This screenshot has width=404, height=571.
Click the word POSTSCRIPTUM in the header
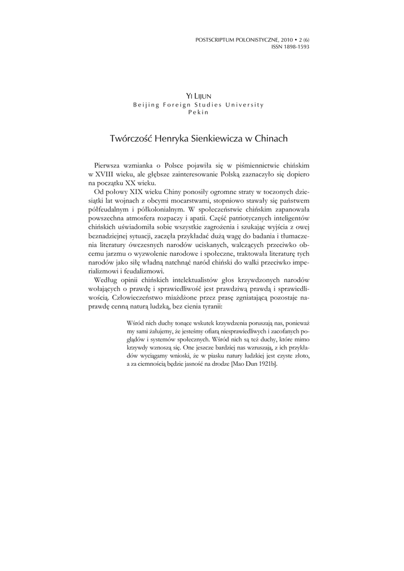click(213, 40)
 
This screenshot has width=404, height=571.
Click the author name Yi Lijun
click(201, 97)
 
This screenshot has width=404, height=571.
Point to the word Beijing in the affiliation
click(146, 105)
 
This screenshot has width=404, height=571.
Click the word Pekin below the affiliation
click(201, 112)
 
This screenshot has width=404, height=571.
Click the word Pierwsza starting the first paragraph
click(109, 166)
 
